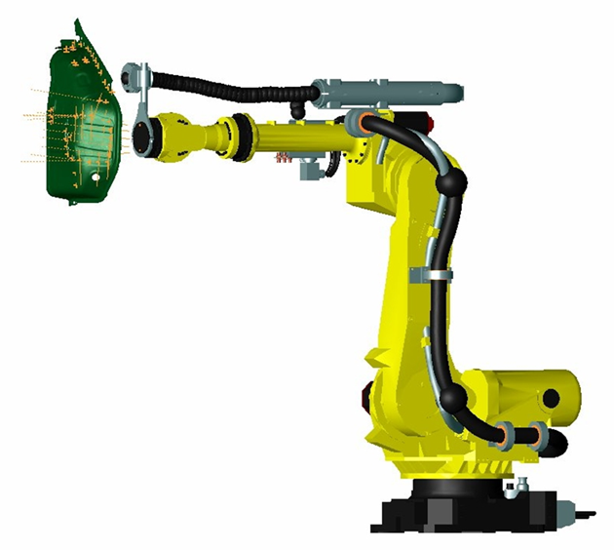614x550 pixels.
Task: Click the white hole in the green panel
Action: coord(95,180)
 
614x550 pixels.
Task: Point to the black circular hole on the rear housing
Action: coord(551,398)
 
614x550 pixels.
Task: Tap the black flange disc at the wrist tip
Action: coord(143,138)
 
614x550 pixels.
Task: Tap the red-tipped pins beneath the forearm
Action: coord(285,155)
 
